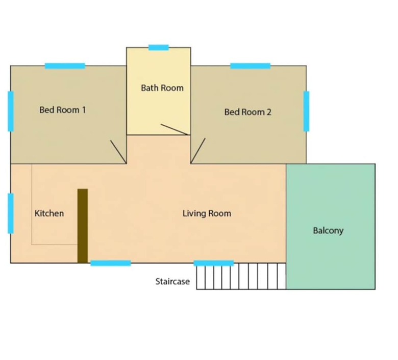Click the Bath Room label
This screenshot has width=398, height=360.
162,88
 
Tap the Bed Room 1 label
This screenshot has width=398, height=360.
63,110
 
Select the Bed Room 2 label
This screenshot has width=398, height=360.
248,112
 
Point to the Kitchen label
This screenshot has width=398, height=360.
49,213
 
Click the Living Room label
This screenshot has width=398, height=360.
207,213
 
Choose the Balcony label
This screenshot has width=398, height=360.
328,231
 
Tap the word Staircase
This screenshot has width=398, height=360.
172,281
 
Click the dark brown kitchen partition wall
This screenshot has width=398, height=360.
83,226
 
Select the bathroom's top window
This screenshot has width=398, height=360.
159,48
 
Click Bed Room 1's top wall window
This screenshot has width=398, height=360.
65,66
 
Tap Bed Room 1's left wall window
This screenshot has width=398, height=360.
11,111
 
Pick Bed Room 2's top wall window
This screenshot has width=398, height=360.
251,66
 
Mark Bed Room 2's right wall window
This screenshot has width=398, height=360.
307,111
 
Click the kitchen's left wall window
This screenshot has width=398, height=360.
11,213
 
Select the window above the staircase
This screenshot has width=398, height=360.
214,263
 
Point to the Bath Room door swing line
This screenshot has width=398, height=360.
175,129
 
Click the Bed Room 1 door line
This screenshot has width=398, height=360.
118,152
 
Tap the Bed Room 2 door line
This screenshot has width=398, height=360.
198,151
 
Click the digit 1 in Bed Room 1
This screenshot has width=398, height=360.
84,110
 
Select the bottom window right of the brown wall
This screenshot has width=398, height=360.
111,263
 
